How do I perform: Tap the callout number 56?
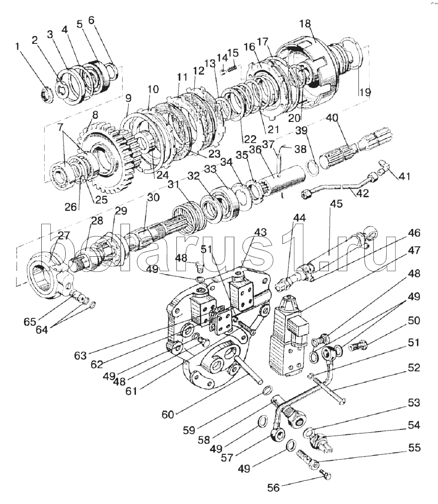point(274,488)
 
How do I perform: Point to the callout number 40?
point(332,117)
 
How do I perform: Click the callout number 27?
point(64,236)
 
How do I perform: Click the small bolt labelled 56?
point(326,476)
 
